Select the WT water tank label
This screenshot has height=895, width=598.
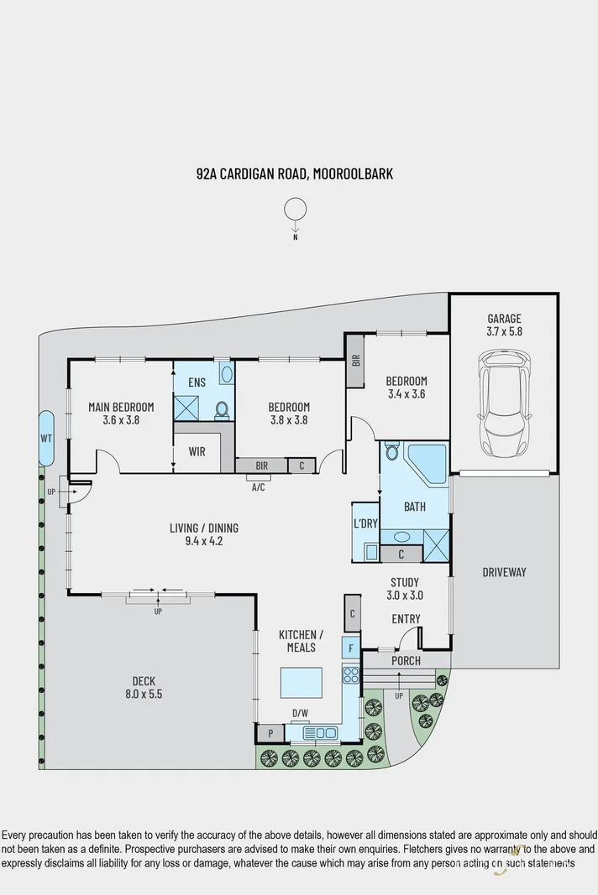45,438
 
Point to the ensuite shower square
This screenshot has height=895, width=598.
187,407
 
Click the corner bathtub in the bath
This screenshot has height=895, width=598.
427,462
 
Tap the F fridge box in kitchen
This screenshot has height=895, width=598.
351,648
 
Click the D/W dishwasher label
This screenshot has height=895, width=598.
299,714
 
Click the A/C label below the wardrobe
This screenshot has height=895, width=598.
258,486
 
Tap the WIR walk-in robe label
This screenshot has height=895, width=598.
197,451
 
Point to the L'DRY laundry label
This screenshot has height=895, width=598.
365,523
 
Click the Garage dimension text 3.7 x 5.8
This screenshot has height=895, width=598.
504,332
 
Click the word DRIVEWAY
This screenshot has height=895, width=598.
504,572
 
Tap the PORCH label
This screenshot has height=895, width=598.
405,661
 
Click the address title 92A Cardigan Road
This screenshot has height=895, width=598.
294,174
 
